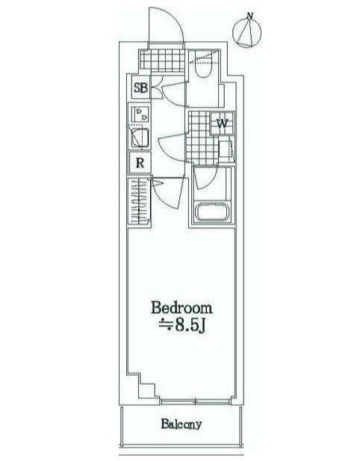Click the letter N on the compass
[251, 16]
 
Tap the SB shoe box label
[140, 87]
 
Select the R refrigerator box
[140, 162]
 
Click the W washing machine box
[222, 123]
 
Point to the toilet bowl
[202, 69]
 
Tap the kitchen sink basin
[140, 138]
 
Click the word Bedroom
[181, 308]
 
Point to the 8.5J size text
[181, 324]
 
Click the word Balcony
[181, 424]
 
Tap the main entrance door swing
[166, 26]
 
